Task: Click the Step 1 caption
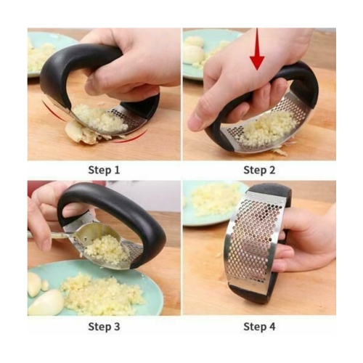coord(104,170)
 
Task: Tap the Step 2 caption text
coord(259,170)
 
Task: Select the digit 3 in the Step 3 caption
coord(116,326)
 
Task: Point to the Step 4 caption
coord(259,326)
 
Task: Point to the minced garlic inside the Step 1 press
coord(100,118)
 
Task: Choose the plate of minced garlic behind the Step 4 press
coord(211,200)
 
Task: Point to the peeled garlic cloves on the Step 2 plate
coord(194,51)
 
